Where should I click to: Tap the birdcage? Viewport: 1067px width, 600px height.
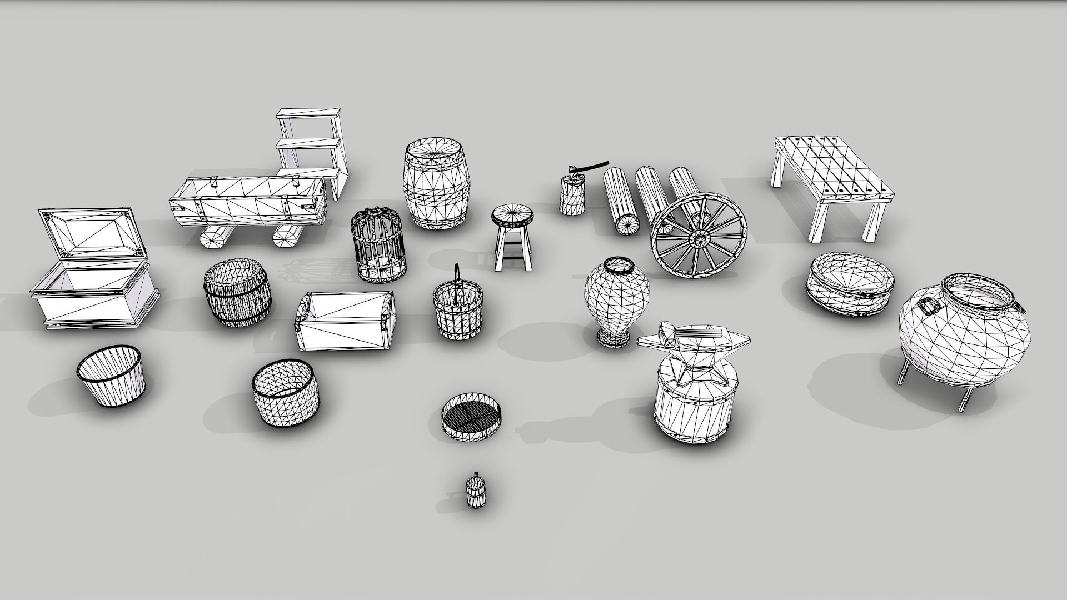[377, 244]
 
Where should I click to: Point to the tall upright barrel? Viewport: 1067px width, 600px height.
[434, 183]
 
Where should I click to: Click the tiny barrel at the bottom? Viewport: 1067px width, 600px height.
[475, 491]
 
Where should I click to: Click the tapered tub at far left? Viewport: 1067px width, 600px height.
[111, 375]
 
